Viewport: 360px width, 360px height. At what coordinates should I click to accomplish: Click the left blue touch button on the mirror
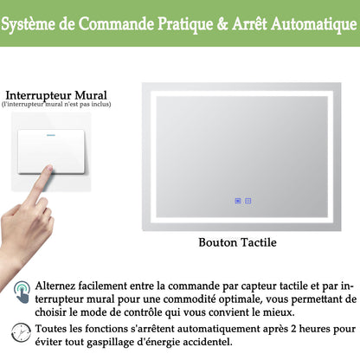coord(238,202)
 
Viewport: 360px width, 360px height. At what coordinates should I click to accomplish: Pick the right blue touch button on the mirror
coord(248,202)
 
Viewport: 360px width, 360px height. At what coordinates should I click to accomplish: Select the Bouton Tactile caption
coord(237,243)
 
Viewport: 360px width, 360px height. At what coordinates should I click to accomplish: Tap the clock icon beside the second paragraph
coord(22,331)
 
